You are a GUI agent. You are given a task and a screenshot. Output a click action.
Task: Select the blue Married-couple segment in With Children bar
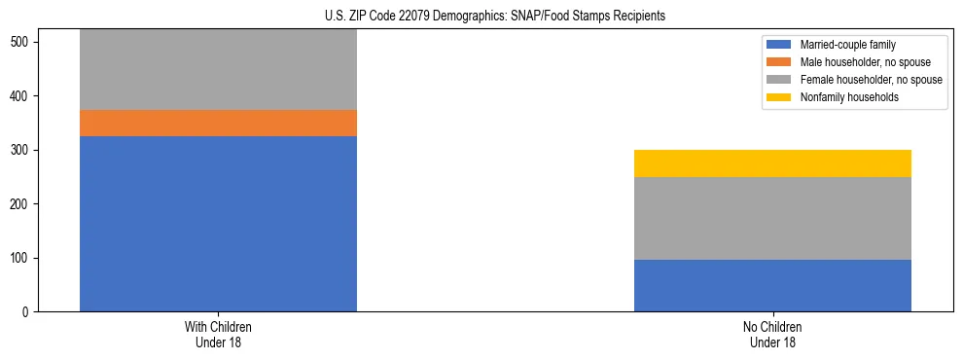click(x=218, y=224)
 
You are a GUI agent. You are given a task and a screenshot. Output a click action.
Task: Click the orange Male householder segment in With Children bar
click(x=218, y=123)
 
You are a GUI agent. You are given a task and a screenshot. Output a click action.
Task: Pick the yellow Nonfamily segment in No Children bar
click(x=772, y=163)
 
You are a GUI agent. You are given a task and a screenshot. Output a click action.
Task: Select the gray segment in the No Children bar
click(x=772, y=218)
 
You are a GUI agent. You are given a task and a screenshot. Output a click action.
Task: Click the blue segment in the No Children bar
click(x=772, y=285)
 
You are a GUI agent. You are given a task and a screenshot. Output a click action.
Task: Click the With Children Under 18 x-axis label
click(x=218, y=334)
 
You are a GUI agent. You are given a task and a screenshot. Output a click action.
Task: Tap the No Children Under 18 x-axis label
click(x=772, y=334)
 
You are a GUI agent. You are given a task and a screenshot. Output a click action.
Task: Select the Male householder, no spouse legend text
click(x=858, y=62)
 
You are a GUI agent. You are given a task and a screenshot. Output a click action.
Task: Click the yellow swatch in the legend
click(x=779, y=97)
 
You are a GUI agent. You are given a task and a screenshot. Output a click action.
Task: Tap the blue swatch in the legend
click(x=779, y=45)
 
